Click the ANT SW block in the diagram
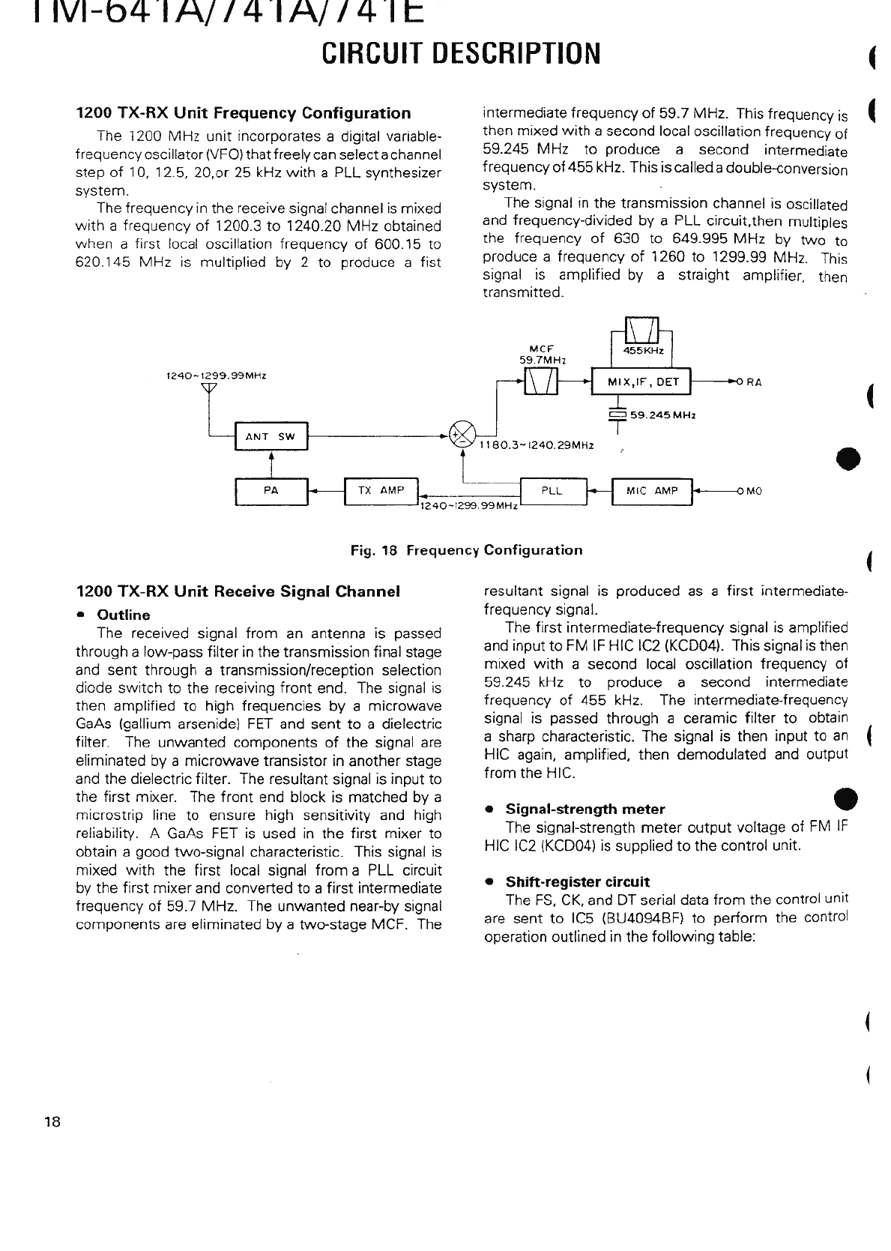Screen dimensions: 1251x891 (x=271, y=437)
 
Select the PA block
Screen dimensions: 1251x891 (x=271, y=491)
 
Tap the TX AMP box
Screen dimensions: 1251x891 (x=381, y=491)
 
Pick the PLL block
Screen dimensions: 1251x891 (x=553, y=491)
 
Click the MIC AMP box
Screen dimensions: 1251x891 (x=652, y=491)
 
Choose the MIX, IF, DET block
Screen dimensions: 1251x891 (x=642, y=382)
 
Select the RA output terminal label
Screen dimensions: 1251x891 (x=753, y=382)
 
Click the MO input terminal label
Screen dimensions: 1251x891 (x=753, y=492)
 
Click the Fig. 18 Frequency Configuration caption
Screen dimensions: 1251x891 (x=466, y=550)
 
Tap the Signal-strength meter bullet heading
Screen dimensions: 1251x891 (x=585, y=810)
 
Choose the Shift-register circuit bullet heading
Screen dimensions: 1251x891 (x=577, y=882)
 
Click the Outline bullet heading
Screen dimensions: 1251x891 (x=124, y=615)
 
